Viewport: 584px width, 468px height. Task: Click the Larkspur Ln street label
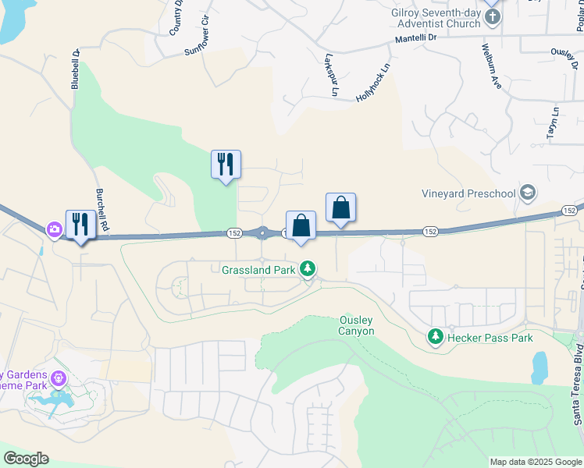(330, 75)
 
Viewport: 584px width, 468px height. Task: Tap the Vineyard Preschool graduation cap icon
(527, 193)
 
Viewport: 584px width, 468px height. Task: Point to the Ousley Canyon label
(357, 325)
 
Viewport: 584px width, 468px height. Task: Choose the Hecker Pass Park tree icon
(434, 338)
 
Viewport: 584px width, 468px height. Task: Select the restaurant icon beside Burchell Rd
(80, 225)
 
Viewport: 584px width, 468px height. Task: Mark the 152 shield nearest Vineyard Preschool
(569, 211)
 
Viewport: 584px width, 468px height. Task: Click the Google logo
(26, 459)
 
